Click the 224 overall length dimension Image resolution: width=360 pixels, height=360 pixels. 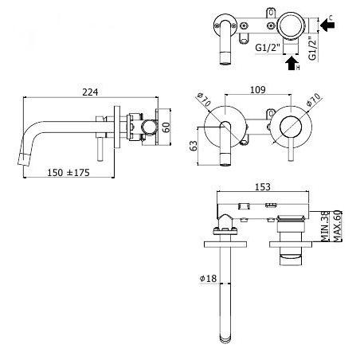tap(90, 92)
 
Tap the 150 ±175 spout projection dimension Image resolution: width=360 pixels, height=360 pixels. tap(68, 173)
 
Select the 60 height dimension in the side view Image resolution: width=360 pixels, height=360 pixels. tap(166, 127)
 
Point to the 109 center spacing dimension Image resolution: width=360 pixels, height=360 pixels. tap(258, 90)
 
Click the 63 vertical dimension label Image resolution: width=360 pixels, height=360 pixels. tap(194, 146)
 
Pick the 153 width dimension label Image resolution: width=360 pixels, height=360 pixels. tap(263, 187)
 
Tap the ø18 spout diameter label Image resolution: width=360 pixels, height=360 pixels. tap(208, 279)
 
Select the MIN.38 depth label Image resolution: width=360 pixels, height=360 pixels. tap(325, 226)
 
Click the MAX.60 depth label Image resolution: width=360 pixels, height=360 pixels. tap(337, 226)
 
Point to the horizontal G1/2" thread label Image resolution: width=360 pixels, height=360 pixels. tap(268, 48)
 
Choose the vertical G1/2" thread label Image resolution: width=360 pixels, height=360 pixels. tap(313, 48)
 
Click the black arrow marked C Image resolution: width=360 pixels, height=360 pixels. tap(327, 25)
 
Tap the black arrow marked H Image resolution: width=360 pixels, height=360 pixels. tap(291, 63)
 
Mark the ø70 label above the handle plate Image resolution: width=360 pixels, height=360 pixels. tap(314, 100)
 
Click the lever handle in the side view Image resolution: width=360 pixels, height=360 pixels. tap(100, 149)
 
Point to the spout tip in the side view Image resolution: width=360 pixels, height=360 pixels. tap(22, 160)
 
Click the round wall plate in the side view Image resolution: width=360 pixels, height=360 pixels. tap(117, 127)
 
